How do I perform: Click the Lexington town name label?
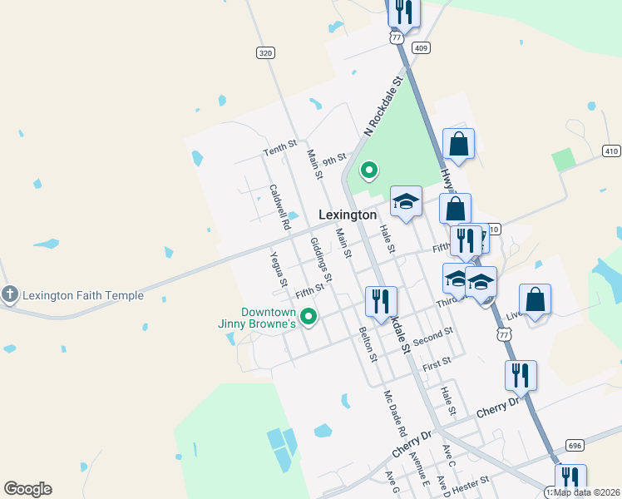click(348, 215)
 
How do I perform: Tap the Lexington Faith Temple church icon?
click(9, 294)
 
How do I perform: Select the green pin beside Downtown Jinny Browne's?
click(309, 316)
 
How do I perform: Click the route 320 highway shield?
click(264, 53)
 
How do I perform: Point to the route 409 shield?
click(421, 47)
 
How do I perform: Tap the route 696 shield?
click(575, 445)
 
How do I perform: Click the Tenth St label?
click(279, 148)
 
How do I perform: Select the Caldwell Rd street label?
click(279, 207)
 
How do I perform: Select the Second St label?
click(432, 337)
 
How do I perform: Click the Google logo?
click(27, 489)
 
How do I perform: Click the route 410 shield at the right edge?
click(611, 151)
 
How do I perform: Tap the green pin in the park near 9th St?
click(368, 170)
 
